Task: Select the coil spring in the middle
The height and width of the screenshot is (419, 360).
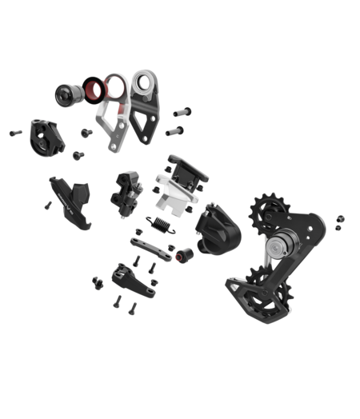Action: click(x=162, y=223)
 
